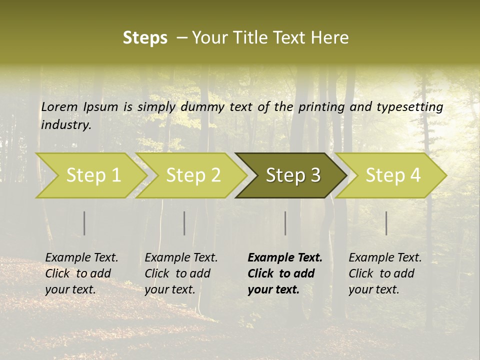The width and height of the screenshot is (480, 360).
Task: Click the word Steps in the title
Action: pyautogui.click(x=145, y=38)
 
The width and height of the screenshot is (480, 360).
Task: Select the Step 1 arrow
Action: pyautogui.click(x=92, y=175)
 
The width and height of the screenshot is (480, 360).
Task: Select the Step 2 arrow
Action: pyautogui.click(x=192, y=175)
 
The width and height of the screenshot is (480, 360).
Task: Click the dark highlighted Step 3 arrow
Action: pyautogui.click(x=292, y=175)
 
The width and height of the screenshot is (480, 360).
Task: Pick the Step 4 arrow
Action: pyautogui.click(x=392, y=175)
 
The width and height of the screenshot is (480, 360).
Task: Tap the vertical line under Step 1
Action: pyautogui.click(x=84, y=223)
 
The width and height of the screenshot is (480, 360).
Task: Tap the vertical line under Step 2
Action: pyautogui.click(x=184, y=223)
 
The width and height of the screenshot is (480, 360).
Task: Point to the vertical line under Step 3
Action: pyautogui.click(x=285, y=223)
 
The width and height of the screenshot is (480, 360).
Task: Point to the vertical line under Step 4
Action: pyautogui.click(x=386, y=223)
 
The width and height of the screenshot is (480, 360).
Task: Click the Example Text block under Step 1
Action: pyautogui.click(x=81, y=273)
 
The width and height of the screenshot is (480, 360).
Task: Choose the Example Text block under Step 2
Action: pyautogui.click(x=181, y=273)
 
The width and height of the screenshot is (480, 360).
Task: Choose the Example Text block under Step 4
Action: pyautogui.click(x=385, y=273)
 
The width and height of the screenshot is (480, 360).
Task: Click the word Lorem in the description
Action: pyautogui.click(x=59, y=106)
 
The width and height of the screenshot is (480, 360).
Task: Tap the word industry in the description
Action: pyautogui.click(x=65, y=125)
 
